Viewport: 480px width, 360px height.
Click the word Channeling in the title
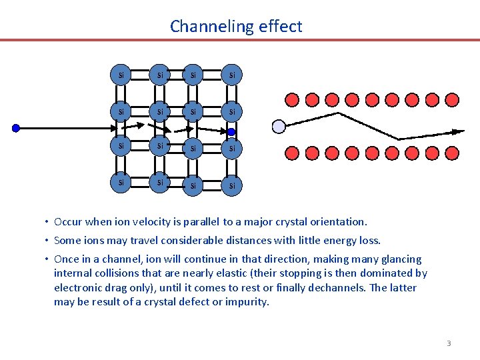point(204,27)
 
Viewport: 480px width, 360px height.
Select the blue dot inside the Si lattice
point(231,132)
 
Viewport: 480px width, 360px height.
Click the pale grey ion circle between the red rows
point(279,126)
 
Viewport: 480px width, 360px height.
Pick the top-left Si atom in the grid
point(121,75)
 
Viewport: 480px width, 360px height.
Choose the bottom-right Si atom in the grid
point(231,185)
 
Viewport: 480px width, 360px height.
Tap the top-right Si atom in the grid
point(231,75)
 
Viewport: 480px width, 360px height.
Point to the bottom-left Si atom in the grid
point(121,182)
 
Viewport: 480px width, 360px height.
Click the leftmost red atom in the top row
point(292,100)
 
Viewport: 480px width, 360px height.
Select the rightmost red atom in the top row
point(452,100)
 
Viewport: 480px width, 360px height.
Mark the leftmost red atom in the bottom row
point(292,153)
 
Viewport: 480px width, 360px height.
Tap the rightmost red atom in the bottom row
point(452,153)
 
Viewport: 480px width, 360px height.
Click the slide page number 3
point(449,343)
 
